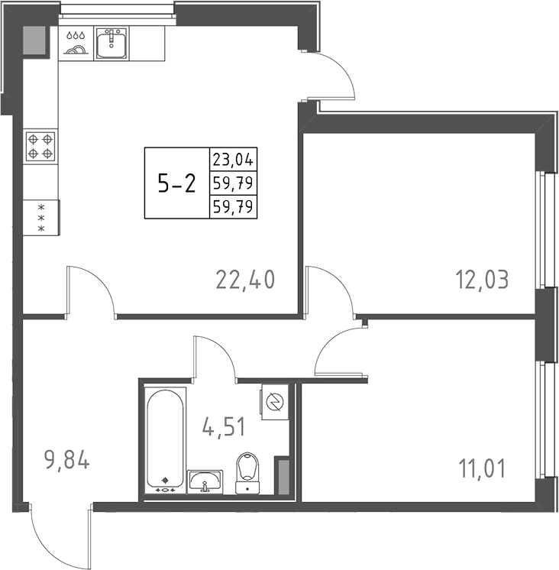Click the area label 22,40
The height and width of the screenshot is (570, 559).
click(x=244, y=280)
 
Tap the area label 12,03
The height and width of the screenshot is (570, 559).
click(x=483, y=279)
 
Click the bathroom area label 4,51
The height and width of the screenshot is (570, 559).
click(x=223, y=425)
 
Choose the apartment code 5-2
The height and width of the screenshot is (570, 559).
click(x=176, y=183)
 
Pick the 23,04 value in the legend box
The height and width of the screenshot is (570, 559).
click(x=234, y=160)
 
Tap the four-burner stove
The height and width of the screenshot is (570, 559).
click(x=40, y=146)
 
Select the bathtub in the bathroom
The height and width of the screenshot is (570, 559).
click(x=166, y=439)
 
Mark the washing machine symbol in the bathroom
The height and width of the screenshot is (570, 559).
click(x=274, y=401)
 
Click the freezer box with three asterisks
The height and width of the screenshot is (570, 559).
click(x=40, y=219)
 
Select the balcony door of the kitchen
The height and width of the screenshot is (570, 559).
click(x=333, y=76)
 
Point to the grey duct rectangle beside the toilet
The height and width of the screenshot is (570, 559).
click(x=283, y=478)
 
